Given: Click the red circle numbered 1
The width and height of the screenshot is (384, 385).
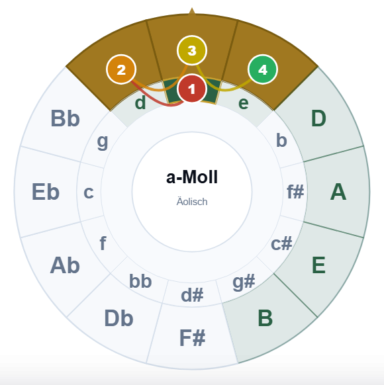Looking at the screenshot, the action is pos(191,89).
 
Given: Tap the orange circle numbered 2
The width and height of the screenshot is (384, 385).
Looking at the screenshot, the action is pos(121,69).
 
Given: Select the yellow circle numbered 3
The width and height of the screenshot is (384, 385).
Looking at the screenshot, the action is pos(192,50).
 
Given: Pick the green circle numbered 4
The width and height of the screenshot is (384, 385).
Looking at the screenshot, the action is pos(263,69).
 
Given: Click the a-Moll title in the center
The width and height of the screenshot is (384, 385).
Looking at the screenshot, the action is pos(192,177).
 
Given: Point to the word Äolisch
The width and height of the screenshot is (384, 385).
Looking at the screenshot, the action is pos(192,202).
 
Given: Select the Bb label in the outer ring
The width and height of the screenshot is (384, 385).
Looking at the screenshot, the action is pos(65,118).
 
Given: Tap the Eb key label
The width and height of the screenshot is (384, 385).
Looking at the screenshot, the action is pos(46,192).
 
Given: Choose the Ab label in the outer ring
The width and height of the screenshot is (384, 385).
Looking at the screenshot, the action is pos(65,265).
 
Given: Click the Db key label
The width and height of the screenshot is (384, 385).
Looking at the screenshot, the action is pos(119,318).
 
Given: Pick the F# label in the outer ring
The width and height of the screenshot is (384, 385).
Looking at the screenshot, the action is pos(192,338).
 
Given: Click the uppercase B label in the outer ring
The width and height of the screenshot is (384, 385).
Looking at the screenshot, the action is pos(265,318).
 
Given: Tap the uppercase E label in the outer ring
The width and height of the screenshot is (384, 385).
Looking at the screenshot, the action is pos(318,265).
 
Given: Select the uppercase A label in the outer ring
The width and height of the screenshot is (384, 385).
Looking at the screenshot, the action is pos(338,192).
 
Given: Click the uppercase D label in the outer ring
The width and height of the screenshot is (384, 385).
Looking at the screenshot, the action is pos(318,118).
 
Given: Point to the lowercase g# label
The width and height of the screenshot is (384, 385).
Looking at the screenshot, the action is pos(244,282).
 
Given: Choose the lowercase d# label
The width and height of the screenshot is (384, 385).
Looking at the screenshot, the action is pos(192,295).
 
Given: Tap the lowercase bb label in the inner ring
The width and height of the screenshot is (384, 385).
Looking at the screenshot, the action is pos(140,281).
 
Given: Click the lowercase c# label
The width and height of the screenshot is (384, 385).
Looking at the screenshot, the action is pos(281,243).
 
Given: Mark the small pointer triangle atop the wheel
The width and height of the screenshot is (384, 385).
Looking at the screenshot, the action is pos(192,11).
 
